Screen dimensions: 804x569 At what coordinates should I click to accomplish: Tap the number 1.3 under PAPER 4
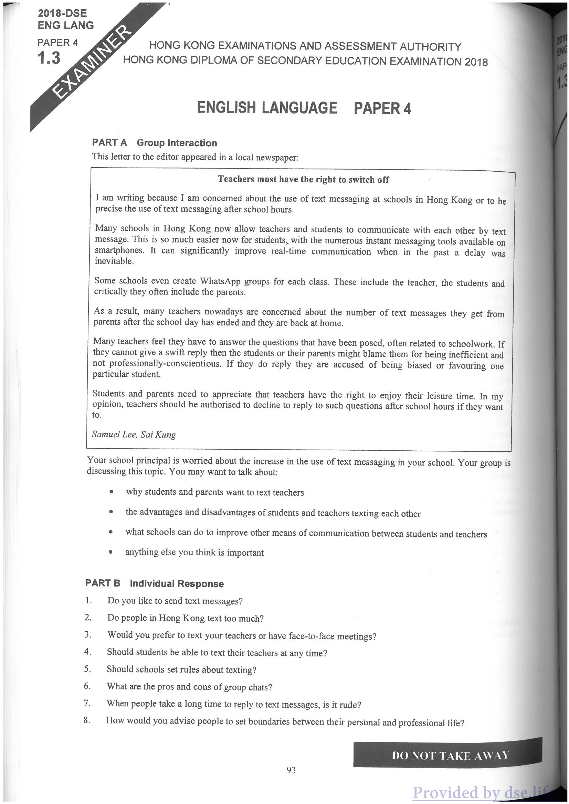pos(49,58)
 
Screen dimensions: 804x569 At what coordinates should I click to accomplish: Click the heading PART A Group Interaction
pos(154,142)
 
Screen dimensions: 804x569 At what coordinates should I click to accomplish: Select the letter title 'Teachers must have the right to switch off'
pos(303,179)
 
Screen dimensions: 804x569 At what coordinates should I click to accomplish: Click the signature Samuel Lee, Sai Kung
pos(134,435)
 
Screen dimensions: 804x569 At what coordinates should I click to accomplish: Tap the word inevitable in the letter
pos(114,261)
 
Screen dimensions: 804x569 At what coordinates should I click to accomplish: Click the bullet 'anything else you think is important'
pos(194,552)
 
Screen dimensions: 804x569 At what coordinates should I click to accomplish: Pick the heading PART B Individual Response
pos(154,583)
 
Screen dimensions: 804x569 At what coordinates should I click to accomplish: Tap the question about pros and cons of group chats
pos(189,687)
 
